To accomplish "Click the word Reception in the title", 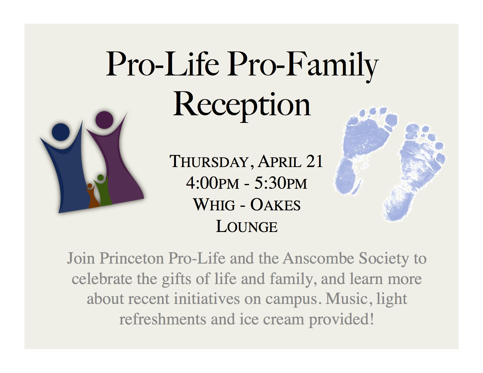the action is coord(241,106).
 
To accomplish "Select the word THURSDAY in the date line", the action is coord(209,162).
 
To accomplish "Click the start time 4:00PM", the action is coord(213,183).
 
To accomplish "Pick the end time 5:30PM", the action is coord(280,183).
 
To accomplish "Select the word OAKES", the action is coord(275,204).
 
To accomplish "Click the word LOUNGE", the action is coord(247,226).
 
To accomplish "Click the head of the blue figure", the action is coord(61,132).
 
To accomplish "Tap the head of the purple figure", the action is coord(104,120).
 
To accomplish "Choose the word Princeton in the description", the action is coord(132,259).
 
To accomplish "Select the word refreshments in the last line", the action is coord(163,319).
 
